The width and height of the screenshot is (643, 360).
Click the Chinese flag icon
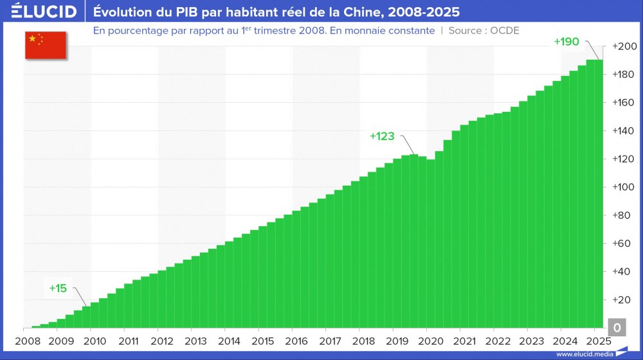click(x=46, y=44)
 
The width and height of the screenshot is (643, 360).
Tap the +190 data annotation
click(x=566, y=42)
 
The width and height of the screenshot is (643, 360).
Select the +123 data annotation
click(x=382, y=136)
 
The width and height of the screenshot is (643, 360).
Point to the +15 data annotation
click(x=58, y=288)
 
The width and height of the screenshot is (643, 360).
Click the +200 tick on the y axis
click(x=624, y=47)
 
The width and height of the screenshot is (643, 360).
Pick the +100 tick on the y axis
click(x=624, y=187)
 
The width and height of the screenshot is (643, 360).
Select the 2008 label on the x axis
click(x=27, y=341)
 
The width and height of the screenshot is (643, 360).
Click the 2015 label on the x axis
click(x=263, y=341)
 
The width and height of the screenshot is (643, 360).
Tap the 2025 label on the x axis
click(x=599, y=341)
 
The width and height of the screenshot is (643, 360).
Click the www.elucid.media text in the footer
click(x=583, y=354)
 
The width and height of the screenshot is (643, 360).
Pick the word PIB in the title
click(x=178, y=12)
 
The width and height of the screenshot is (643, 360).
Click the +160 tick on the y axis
click(x=624, y=103)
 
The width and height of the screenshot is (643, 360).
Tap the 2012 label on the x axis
click(x=162, y=341)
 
